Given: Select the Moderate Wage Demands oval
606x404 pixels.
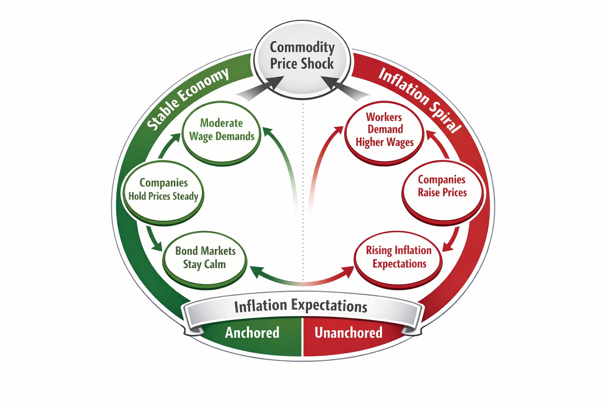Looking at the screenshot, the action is pos(221,131).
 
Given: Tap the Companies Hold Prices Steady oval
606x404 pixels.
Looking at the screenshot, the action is pos(163,190).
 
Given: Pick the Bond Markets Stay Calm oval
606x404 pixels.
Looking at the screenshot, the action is pos(205,258).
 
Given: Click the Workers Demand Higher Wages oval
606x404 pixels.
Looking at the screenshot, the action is pos(385,130).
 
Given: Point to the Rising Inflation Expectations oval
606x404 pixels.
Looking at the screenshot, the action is pos(398,257).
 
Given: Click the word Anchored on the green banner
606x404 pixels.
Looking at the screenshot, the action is pos(252,333).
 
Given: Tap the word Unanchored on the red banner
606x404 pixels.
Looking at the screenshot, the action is pos(348,333).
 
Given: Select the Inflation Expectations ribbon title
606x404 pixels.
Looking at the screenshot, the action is pos(301,306).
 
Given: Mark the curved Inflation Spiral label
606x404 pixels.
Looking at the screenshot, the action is pos(419,99).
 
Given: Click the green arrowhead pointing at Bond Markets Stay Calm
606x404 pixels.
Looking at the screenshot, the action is pos(256,271).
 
